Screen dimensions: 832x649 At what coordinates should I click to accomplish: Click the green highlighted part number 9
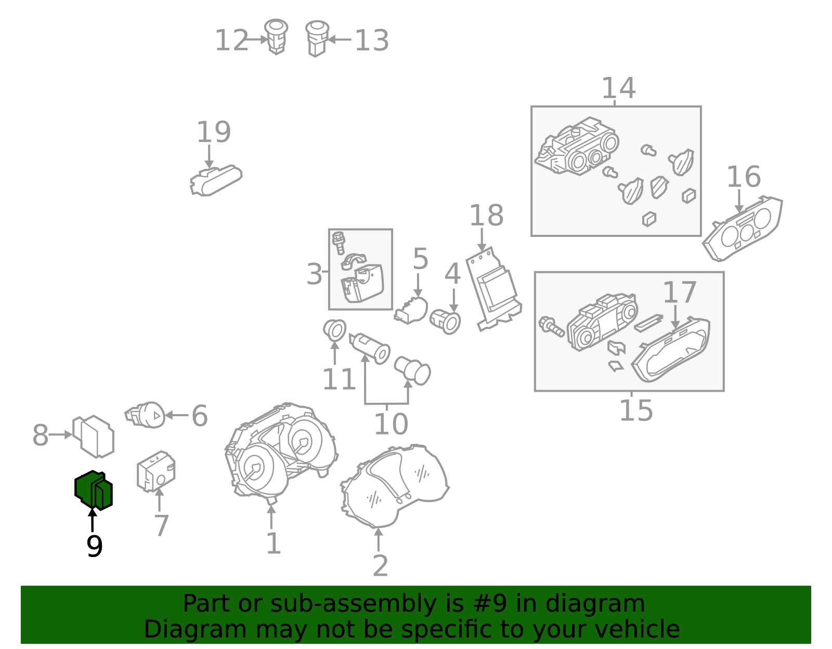pos(94,491)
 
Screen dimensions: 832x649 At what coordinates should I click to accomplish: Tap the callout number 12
pos(232,40)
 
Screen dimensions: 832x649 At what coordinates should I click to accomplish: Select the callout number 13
pos(372,40)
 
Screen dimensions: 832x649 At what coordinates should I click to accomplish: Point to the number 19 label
pos(214,132)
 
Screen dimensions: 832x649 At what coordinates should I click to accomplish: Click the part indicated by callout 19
pos(216,180)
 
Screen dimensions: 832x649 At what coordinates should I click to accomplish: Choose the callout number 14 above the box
pos(619,88)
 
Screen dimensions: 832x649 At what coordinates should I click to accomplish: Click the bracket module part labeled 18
pos(493,289)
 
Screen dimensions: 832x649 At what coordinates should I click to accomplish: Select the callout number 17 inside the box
pos(680,292)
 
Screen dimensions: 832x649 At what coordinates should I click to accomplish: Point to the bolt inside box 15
pos(551,327)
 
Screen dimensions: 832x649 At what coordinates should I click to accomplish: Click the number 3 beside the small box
pos(315,274)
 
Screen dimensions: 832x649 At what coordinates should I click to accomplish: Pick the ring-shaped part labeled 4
pos(445,321)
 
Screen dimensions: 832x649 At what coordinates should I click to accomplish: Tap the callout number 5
pos(420,259)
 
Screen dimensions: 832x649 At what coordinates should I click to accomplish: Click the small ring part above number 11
pos(335,329)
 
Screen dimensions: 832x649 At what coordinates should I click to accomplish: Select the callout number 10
pos(391,423)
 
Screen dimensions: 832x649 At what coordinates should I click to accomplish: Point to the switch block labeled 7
pos(156,471)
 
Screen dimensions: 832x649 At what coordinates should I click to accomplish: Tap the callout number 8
pos(41,435)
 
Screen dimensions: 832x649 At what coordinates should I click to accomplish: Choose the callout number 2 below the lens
pos(381,565)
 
